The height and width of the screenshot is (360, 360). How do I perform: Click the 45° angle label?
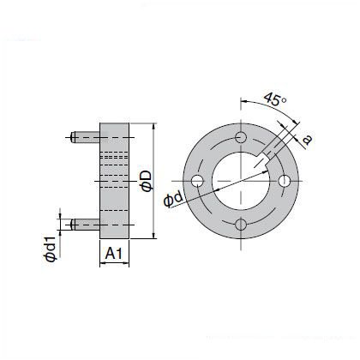pyautogui.click(x=275, y=99)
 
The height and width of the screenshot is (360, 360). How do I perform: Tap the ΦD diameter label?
pyautogui.click(x=147, y=182)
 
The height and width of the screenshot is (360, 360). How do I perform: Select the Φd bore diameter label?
pyautogui.click(x=173, y=199)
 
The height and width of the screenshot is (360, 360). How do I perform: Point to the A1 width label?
pyautogui.click(x=114, y=254)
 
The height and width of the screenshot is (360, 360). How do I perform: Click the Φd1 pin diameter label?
pyautogui.click(x=51, y=249)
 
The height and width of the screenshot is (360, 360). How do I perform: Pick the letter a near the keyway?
pyautogui.click(x=307, y=140)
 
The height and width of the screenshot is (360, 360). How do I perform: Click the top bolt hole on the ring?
pyautogui.click(x=241, y=137)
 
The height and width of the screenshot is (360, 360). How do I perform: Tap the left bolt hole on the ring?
pyautogui.click(x=197, y=181)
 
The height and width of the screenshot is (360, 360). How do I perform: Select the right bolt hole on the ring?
pyautogui.click(x=285, y=181)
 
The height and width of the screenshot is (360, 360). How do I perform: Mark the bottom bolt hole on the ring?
pyautogui.click(x=241, y=225)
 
